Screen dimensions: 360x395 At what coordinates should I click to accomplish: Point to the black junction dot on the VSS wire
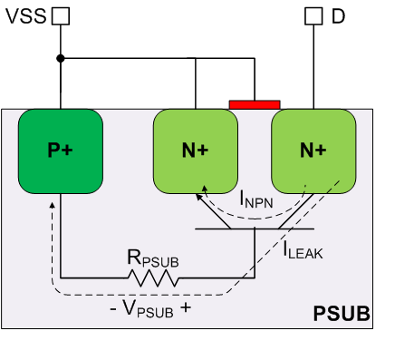pyautogui.click(x=61, y=59)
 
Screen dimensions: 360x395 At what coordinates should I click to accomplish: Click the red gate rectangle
pyautogui.click(x=255, y=104)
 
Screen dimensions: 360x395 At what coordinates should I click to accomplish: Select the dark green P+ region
pyautogui.click(x=61, y=151)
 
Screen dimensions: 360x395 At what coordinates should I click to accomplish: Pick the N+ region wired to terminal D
pyautogui.click(x=313, y=151)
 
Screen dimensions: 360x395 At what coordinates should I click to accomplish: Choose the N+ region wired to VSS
pyautogui.click(x=195, y=151)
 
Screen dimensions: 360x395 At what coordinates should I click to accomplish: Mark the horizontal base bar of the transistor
pyautogui.click(x=254, y=229)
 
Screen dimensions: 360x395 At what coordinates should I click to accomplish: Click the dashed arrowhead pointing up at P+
pyautogui.click(x=53, y=205)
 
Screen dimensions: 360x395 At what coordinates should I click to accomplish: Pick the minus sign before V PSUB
pyautogui.click(x=112, y=306)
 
